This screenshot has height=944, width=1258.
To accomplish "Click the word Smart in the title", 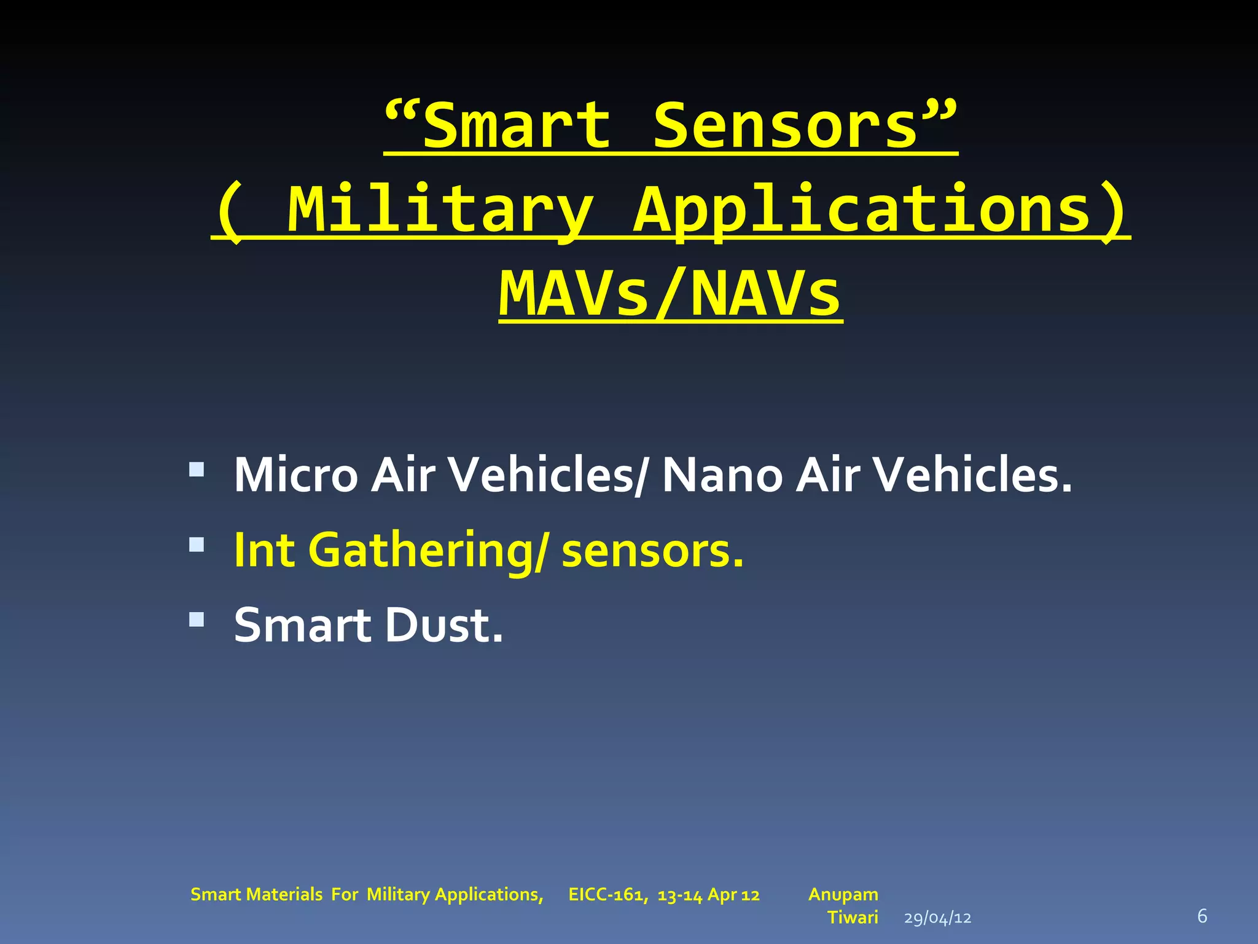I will click(x=516, y=126).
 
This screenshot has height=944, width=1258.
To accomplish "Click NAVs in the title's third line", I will click(x=765, y=294).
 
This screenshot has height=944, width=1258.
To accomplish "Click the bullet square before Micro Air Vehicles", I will click(x=197, y=470).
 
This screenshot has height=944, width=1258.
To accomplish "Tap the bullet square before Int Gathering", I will click(x=197, y=545).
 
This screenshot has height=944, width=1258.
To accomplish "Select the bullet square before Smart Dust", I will click(x=197, y=619).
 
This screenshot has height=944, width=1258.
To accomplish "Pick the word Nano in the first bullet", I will click(x=722, y=475).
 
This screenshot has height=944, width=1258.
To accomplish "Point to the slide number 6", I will click(x=1202, y=916).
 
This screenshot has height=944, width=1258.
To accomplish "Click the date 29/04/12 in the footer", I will click(x=937, y=918).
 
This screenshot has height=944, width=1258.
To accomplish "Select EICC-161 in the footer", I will click(x=607, y=895).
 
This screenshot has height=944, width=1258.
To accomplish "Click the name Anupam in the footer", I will click(x=843, y=894).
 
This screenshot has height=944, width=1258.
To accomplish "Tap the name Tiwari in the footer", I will click(x=853, y=918).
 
